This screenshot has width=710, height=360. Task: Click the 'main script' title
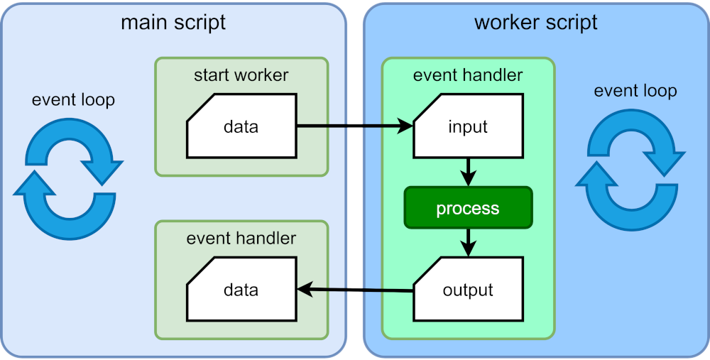point(173,22)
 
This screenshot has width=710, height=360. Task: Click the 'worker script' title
point(535,22)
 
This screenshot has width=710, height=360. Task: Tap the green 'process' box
point(467,208)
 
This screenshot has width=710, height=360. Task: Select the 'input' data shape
point(467,126)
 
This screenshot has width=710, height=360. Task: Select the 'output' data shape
point(467,290)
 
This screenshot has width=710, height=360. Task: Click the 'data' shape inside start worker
point(241,126)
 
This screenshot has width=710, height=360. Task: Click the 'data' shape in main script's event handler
point(241,290)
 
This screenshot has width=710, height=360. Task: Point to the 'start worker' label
point(241,75)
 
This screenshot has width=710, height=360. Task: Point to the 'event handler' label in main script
point(241,238)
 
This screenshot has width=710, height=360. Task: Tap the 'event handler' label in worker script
point(467,75)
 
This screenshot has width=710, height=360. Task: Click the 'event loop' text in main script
point(73,100)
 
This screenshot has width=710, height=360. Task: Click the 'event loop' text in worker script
point(635,91)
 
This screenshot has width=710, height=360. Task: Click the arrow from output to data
point(355,289)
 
